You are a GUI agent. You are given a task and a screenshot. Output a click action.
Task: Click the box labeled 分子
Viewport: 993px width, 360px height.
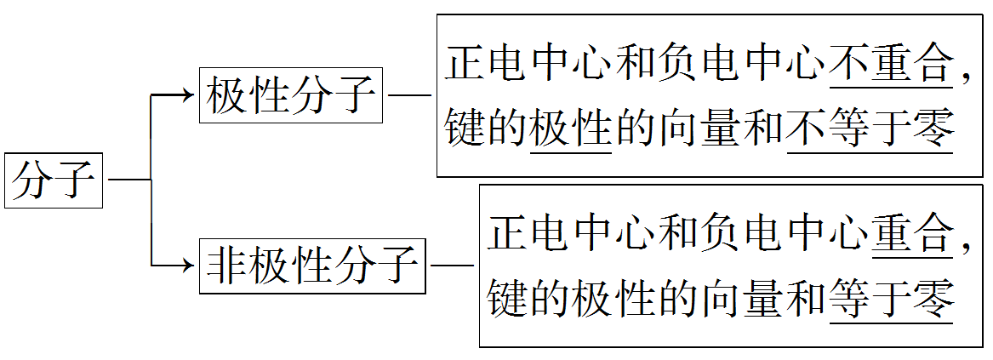point(54,181)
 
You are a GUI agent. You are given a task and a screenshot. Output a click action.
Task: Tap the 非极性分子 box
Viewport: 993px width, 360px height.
point(312,266)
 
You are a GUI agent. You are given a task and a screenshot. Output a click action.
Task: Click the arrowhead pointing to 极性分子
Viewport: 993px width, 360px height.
point(188,94)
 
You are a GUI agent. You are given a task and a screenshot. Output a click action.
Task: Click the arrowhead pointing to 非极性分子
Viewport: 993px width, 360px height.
point(188,266)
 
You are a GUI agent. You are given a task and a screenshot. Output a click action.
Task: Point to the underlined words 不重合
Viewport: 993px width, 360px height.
point(890,64)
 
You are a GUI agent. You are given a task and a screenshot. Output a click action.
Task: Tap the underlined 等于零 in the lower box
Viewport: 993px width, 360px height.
point(890,299)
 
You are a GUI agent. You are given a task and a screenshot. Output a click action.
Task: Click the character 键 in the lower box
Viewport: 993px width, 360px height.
point(508,299)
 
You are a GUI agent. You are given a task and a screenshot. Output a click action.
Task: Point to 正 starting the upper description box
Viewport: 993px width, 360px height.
point(466,64)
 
